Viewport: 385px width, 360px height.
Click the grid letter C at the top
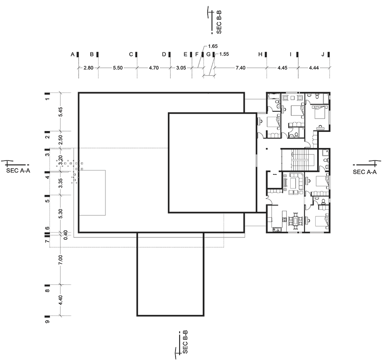point(131,55)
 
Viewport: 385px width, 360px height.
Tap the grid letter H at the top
point(260,55)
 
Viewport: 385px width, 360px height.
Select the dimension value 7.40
point(240,68)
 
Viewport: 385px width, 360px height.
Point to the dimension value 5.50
point(117,68)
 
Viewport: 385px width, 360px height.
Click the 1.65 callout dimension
point(213,46)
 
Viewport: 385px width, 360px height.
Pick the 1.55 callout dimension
point(224,54)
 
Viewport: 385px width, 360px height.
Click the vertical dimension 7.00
point(61,260)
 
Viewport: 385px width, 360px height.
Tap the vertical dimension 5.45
point(61,112)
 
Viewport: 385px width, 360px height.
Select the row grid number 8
point(47,290)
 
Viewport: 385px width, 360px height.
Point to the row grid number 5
point(47,200)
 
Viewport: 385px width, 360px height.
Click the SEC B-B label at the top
point(219,22)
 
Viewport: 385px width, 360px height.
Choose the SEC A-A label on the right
point(364,172)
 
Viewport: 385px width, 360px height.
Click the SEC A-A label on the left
point(18,171)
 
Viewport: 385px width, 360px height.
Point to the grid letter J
point(323,55)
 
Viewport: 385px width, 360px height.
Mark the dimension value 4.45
point(282,68)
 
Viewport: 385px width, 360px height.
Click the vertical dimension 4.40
point(61,300)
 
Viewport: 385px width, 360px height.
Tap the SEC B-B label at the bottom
point(185,342)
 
